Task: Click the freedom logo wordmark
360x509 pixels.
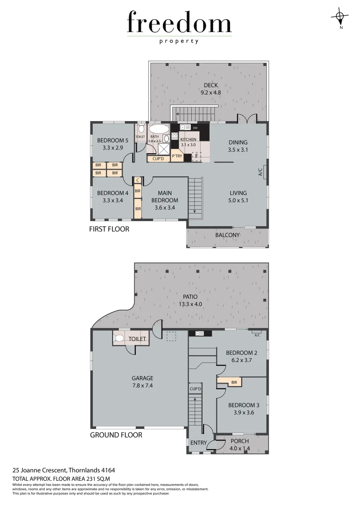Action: pyautogui.click(x=179, y=23)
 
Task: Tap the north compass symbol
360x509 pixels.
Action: pyautogui.click(x=340, y=17)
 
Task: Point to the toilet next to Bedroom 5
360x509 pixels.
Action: pyautogui.click(x=141, y=130)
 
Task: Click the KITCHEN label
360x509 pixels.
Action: pyautogui.click(x=188, y=140)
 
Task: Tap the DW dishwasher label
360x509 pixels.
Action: pyautogui.click(x=195, y=127)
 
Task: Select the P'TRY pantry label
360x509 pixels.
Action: pyautogui.click(x=177, y=156)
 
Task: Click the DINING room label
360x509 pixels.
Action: pyautogui.click(x=238, y=142)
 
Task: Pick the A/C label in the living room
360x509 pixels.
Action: pyautogui.click(x=260, y=173)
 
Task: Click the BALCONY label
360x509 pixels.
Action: pyautogui.click(x=228, y=235)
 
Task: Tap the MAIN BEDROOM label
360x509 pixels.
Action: pyautogui.click(x=165, y=197)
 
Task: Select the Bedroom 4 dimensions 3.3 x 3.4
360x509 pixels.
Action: pyautogui.click(x=112, y=200)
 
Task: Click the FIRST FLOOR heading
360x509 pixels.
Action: pyautogui.click(x=109, y=230)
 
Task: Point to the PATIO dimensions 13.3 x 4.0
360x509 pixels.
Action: pyautogui.click(x=190, y=304)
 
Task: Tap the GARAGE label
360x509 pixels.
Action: pyautogui.click(x=142, y=378)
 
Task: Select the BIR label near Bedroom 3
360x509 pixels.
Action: pyautogui.click(x=234, y=382)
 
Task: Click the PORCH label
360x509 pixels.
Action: pyautogui.click(x=240, y=441)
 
